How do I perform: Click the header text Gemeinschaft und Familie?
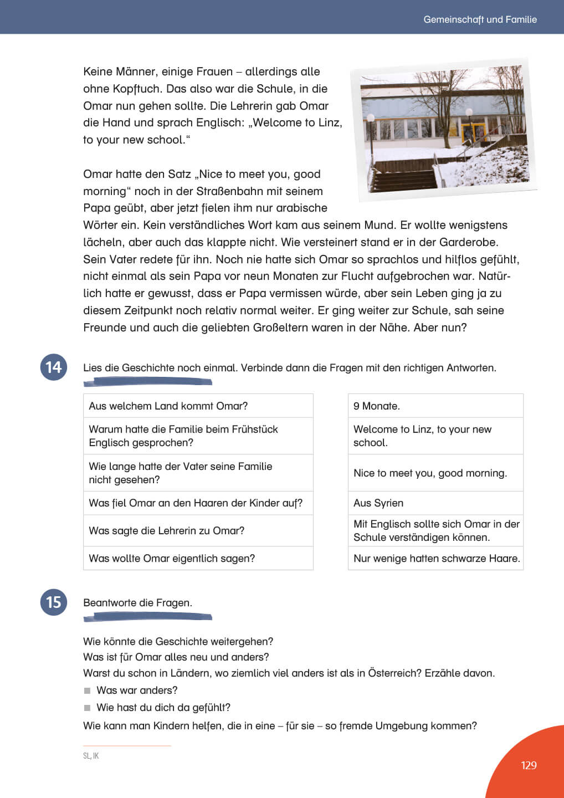coord(480,19)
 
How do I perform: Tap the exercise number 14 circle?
coord(54,367)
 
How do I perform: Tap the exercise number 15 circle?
coord(54,602)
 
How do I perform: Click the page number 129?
coord(529,765)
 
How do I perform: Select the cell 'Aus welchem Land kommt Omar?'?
coord(198,406)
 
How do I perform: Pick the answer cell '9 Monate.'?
coord(435,406)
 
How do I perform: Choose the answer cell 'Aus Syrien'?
coord(435,503)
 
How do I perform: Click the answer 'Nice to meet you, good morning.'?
coord(435,473)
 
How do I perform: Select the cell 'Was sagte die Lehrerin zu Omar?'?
coord(198,530)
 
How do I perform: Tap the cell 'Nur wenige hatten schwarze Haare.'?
coord(436,558)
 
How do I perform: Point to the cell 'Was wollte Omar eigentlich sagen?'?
coord(198,558)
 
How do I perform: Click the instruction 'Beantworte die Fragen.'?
coord(137,602)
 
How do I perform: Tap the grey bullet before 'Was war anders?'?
coord(87,690)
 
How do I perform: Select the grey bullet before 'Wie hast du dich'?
coord(87,708)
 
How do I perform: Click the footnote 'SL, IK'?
coord(91,756)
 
